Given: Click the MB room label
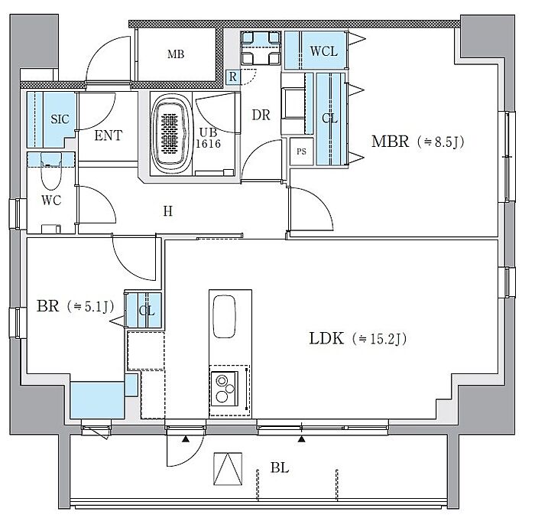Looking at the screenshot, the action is [176, 54].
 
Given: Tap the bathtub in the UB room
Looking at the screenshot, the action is [170, 135].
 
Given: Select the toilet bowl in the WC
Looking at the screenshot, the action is [51, 171].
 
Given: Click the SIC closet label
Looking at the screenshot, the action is [60, 119].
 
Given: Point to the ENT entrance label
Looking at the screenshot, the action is [109, 135].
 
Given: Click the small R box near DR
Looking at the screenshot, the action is [232, 77].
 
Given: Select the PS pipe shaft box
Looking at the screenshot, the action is [301, 151].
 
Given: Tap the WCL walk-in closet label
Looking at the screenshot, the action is [324, 51].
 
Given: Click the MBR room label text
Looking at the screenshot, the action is [390, 141].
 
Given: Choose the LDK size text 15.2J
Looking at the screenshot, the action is [380, 339].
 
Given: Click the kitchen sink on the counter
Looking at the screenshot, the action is [224, 317].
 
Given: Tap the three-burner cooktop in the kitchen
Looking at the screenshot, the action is [224, 389].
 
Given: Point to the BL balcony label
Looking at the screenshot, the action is [280, 468].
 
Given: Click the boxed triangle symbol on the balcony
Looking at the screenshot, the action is [228, 469].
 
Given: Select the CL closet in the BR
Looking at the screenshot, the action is [144, 310].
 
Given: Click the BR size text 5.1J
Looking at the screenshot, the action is [90, 306].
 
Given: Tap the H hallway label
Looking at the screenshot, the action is [168, 211].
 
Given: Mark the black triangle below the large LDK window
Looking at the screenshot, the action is [301, 439].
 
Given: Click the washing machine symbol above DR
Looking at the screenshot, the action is [261, 48].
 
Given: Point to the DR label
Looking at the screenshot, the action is [261, 115].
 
